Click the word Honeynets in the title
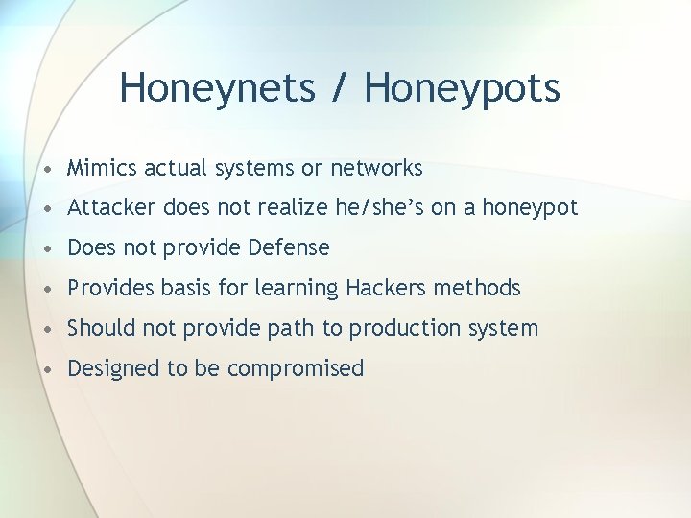[x=217, y=88]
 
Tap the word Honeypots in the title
[x=462, y=88]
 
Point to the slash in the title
[x=340, y=88]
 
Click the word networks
[x=376, y=169]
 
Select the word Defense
[x=288, y=247]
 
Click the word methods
[x=477, y=288]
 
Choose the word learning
[x=298, y=289]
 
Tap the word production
[x=403, y=329]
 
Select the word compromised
[x=297, y=369]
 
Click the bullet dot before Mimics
[x=48, y=169]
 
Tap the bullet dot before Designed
[x=48, y=369]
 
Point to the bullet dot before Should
[x=48, y=329]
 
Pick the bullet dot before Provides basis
[x=48, y=289]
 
